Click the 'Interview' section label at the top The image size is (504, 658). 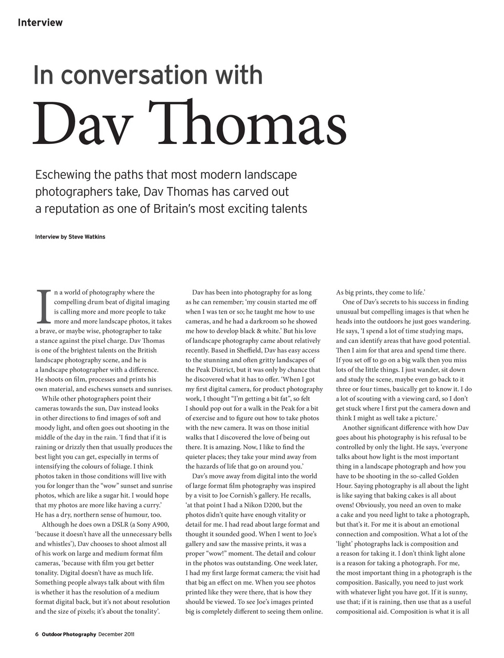click(40, 23)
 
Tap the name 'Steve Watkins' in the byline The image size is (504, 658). click(87, 237)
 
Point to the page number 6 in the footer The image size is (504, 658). click(37, 634)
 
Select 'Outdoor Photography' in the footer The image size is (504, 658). click(69, 634)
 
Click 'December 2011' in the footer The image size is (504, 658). click(117, 634)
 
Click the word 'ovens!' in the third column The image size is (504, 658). click(347, 505)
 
